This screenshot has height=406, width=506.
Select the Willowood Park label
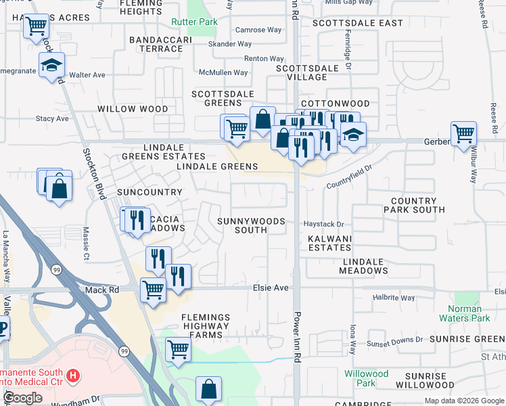click(x=366, y=378)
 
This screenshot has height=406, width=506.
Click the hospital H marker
click(x=74, y=374)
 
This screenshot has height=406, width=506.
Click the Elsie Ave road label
click(x=271, y=288)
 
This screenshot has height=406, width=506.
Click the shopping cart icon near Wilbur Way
click(x=463, y=133)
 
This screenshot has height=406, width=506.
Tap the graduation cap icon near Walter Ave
click(x=51, y=65)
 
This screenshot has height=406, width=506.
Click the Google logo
click(x=23, y=398)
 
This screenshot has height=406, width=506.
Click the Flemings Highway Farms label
click(x=205, y=325)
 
